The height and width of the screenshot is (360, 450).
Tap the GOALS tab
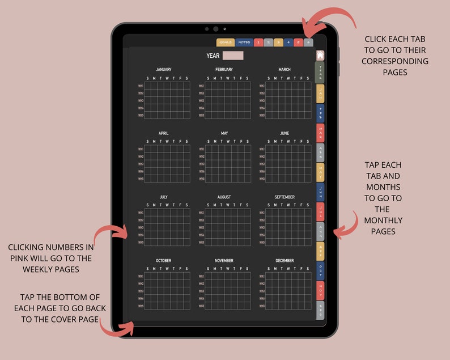tap(226, 43)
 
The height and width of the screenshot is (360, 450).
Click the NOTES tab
tap(244, 43)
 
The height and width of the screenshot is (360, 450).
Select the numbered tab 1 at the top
tap(258, 43)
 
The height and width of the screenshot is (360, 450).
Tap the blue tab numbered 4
tap(288, 43)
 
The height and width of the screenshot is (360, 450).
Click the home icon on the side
tap(320, 55)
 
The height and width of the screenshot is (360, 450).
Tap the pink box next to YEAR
tap(233, 56)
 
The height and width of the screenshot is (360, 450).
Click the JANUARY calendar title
tap(163, 70)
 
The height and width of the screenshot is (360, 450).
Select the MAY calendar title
tap(224, 133)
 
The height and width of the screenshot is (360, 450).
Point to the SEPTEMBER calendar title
tap(285, 197)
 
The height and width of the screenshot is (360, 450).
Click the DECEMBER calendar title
tap(285, 261)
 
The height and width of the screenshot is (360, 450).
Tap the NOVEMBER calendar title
tap(224, 261)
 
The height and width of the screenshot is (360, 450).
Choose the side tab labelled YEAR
tap(320, 73)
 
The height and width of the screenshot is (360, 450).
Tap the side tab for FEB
tap(320, 113)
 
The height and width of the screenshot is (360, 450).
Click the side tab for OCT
tap(320, 270)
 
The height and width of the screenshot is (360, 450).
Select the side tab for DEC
tap(320, 310)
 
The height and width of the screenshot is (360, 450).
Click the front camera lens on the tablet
tap(216, 29)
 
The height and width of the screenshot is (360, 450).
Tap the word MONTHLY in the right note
tap(383, 221)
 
